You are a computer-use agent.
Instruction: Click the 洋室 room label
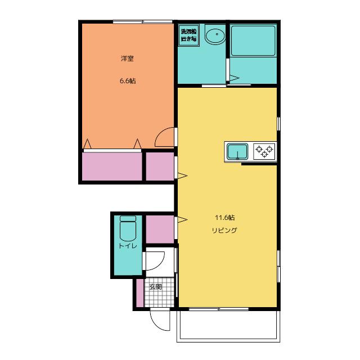[x=127, y=58]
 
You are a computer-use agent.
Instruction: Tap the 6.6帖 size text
[x=128, y=81]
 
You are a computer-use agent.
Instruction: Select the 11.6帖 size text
[x=225, y=218]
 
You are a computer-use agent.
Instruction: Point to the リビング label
[x=224, y=230]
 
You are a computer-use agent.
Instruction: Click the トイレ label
[x=128, y=246]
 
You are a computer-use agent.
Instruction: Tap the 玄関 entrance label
[x=155, y=287]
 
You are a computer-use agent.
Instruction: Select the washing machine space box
[x=189, y=35]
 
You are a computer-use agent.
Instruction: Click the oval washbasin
[x=215, y=36]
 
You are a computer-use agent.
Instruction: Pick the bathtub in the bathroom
[x=253, y=40]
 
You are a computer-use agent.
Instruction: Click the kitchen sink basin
[x=237, y=151]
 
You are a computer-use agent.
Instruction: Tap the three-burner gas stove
[x=264, y=151]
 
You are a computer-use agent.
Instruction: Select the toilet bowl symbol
[x=128, y=228]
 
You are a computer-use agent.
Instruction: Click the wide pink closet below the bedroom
[x=112, y=166]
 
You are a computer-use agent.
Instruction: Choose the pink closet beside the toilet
[x=160, y=229]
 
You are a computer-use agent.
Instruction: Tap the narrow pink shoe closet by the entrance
[x=140, y=292]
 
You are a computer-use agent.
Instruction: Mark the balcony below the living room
[x=228, y=326]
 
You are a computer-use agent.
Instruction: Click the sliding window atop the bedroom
[x=142, y=22]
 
